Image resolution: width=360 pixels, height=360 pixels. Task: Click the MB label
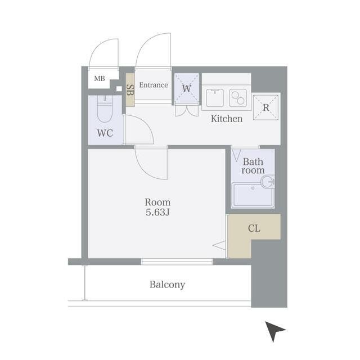pyautogui.click(x=100, y=79)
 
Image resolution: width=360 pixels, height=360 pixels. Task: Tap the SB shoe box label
pyautogui.click(x=130, y=90)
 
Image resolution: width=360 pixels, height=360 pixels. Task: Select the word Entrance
pyautogui.click(x=154, y=85)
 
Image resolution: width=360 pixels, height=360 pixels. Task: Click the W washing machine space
pyautogui.click(x=186, y=88)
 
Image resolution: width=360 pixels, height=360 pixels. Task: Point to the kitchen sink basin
pyautogui.click(x=215, y=97)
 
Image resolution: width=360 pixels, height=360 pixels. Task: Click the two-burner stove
pyautogui.click(x=238, y=97)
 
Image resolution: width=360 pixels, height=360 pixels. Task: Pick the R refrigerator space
pyautogui.click(x=266, y=107)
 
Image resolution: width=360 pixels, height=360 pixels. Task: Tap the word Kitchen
pyautogui.click(x=227, y=119)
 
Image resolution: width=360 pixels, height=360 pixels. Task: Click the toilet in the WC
pyautogui.click(x=105, y=109)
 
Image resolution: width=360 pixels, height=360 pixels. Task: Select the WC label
pyautogui.click(x=105, y=133)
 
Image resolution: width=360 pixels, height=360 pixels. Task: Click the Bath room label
pyautogui.click(x=253, y=166)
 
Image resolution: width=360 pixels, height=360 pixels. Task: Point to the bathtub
pyautogui.click(x=253, y=195)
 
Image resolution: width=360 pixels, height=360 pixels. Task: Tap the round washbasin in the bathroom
pyautogui.click(x=268, y=181)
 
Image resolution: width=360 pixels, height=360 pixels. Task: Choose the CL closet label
pyautogui.click(x=254, y=228)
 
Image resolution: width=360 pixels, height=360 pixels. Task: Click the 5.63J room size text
pyautogui.click(x=157, y=213)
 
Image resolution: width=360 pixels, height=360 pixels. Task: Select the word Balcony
pyautogui.click(x=167, y=285)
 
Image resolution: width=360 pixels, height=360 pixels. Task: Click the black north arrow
pyautogui.click(x=274, y=331)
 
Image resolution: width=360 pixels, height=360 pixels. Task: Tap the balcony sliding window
pyautogui.click(x=177, y=262)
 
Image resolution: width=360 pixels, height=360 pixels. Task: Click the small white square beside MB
pyautogui.click(x=119, y=89)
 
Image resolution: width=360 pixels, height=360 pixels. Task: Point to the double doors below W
pyautogui.click(x=187, y=111)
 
